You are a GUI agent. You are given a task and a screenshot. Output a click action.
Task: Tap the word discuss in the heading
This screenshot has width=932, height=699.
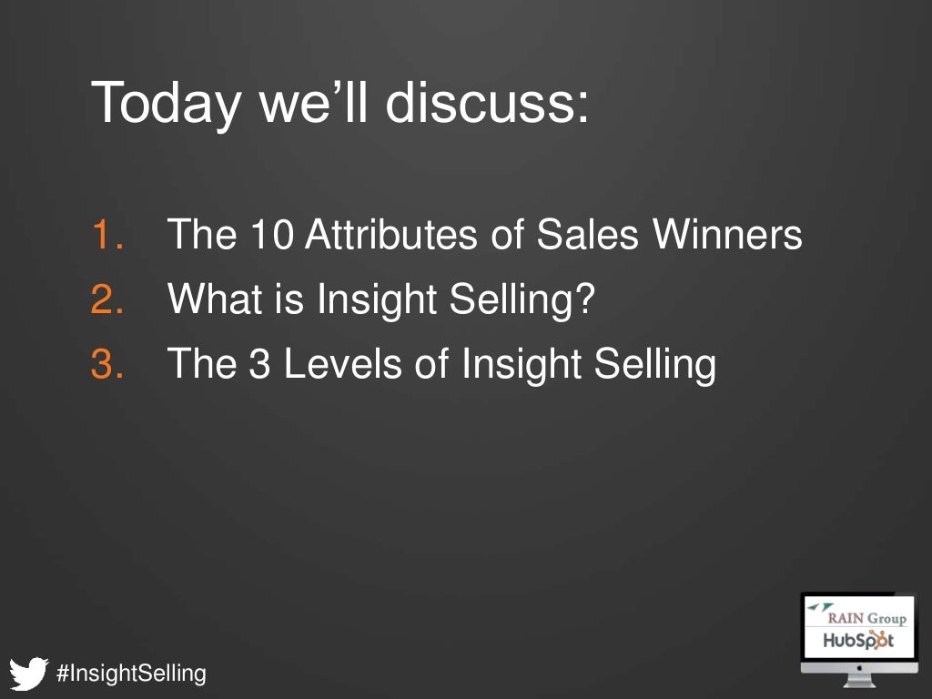[x=486, y=102]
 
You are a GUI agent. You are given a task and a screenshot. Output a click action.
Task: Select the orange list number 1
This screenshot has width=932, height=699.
[x=108, y=236]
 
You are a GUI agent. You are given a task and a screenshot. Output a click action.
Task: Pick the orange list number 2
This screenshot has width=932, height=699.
[x=108, y=299]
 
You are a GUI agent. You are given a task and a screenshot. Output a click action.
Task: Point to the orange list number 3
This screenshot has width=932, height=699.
[x=108, y=364]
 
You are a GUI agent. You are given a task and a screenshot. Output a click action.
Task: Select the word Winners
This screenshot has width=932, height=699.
[x=727, y=236]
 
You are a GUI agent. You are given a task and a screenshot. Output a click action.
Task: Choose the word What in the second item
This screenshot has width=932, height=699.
[x=207, y=299]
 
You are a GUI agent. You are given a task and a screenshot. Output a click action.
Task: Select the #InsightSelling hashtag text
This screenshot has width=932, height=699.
[x=131, y=674]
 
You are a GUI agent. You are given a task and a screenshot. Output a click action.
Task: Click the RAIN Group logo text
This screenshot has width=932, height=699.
[x=865, y=618]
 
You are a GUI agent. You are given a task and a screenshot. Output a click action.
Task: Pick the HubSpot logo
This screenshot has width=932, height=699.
[x=857, y=641]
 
